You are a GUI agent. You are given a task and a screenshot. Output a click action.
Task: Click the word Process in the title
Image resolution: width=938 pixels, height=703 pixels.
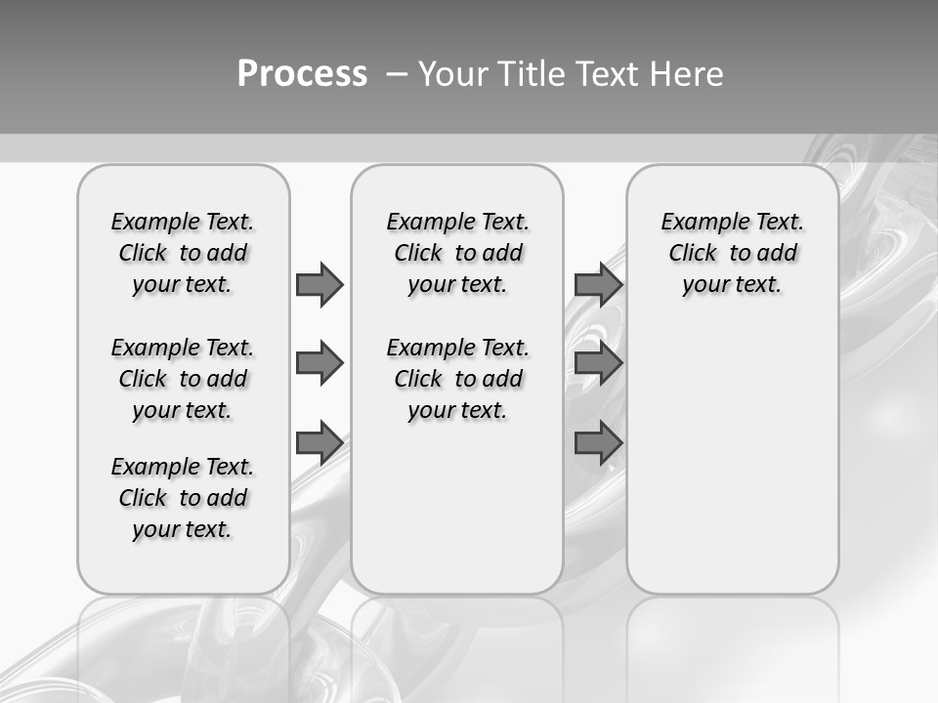click(302, 74)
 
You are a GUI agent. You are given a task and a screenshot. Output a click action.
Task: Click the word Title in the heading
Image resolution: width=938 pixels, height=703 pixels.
click(532, 74)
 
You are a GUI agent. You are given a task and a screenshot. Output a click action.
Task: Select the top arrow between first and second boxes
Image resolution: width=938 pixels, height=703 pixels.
click(319, 284)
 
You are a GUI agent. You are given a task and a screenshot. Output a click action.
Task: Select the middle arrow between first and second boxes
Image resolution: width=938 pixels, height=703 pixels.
click(319, 363)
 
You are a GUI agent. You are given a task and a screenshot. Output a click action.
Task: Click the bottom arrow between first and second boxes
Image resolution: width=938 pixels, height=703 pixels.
click(319, 443)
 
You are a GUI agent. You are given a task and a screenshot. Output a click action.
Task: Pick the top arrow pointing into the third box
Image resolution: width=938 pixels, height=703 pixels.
click(598, 284)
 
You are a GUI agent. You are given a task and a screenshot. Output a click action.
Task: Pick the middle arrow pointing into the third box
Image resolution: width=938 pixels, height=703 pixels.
click(598, 363)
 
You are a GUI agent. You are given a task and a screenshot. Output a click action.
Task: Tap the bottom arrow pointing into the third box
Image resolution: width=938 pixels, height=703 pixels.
click(598, 443)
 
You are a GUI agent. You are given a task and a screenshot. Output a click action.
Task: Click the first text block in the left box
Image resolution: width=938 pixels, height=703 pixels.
click(183, 253)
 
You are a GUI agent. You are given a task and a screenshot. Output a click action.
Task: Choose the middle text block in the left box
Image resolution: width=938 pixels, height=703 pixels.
click(183, 379)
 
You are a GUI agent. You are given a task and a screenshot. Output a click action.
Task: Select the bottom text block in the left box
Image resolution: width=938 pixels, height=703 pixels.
click(183, 498)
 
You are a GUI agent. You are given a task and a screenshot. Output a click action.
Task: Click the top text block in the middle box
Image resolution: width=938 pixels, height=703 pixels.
click(457, 253)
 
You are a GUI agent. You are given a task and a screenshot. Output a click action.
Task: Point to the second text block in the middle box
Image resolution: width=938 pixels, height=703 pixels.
click(457, 379)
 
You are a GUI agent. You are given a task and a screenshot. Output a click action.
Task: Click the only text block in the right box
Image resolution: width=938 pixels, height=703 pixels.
click(732, 253)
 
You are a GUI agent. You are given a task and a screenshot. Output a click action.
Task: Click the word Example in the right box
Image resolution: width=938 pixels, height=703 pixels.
click(697, 222)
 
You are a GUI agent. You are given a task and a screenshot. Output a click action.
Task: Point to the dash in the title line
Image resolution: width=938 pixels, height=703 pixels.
click(397, 74)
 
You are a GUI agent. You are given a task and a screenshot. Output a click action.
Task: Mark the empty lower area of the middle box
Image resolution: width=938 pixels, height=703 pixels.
click(457, 508)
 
